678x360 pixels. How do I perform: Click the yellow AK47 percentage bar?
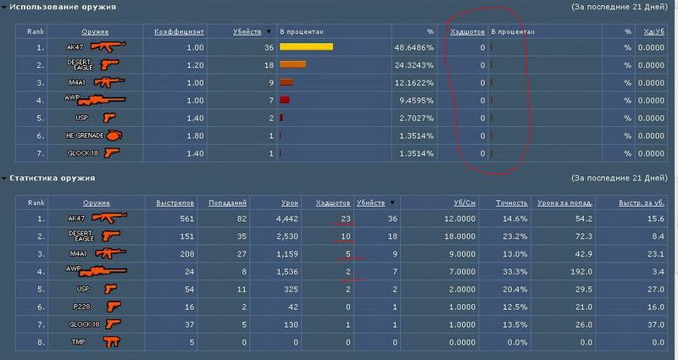[305, 47]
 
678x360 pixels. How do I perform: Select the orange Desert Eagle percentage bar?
[292, 64]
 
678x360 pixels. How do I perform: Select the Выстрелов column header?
[176, 203]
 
